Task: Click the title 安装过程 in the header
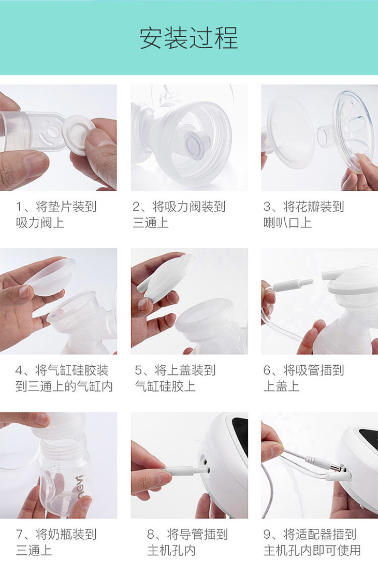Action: click(189, 38)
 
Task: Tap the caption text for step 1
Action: click(56, 214)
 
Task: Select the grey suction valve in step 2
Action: click(197, 140)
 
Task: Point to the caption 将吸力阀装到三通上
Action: click(179, 214)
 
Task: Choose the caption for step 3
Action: click(303, 214)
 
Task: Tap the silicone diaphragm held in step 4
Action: click(51, 277)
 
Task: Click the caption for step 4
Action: click(64, 378)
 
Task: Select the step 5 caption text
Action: click(175, 378)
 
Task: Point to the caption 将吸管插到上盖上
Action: click(303, 378)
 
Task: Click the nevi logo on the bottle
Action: click(80, 486)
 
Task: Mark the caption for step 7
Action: click(56, 542)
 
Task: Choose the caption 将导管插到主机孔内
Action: click(187, 542)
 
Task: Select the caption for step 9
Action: click(312, 542)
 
